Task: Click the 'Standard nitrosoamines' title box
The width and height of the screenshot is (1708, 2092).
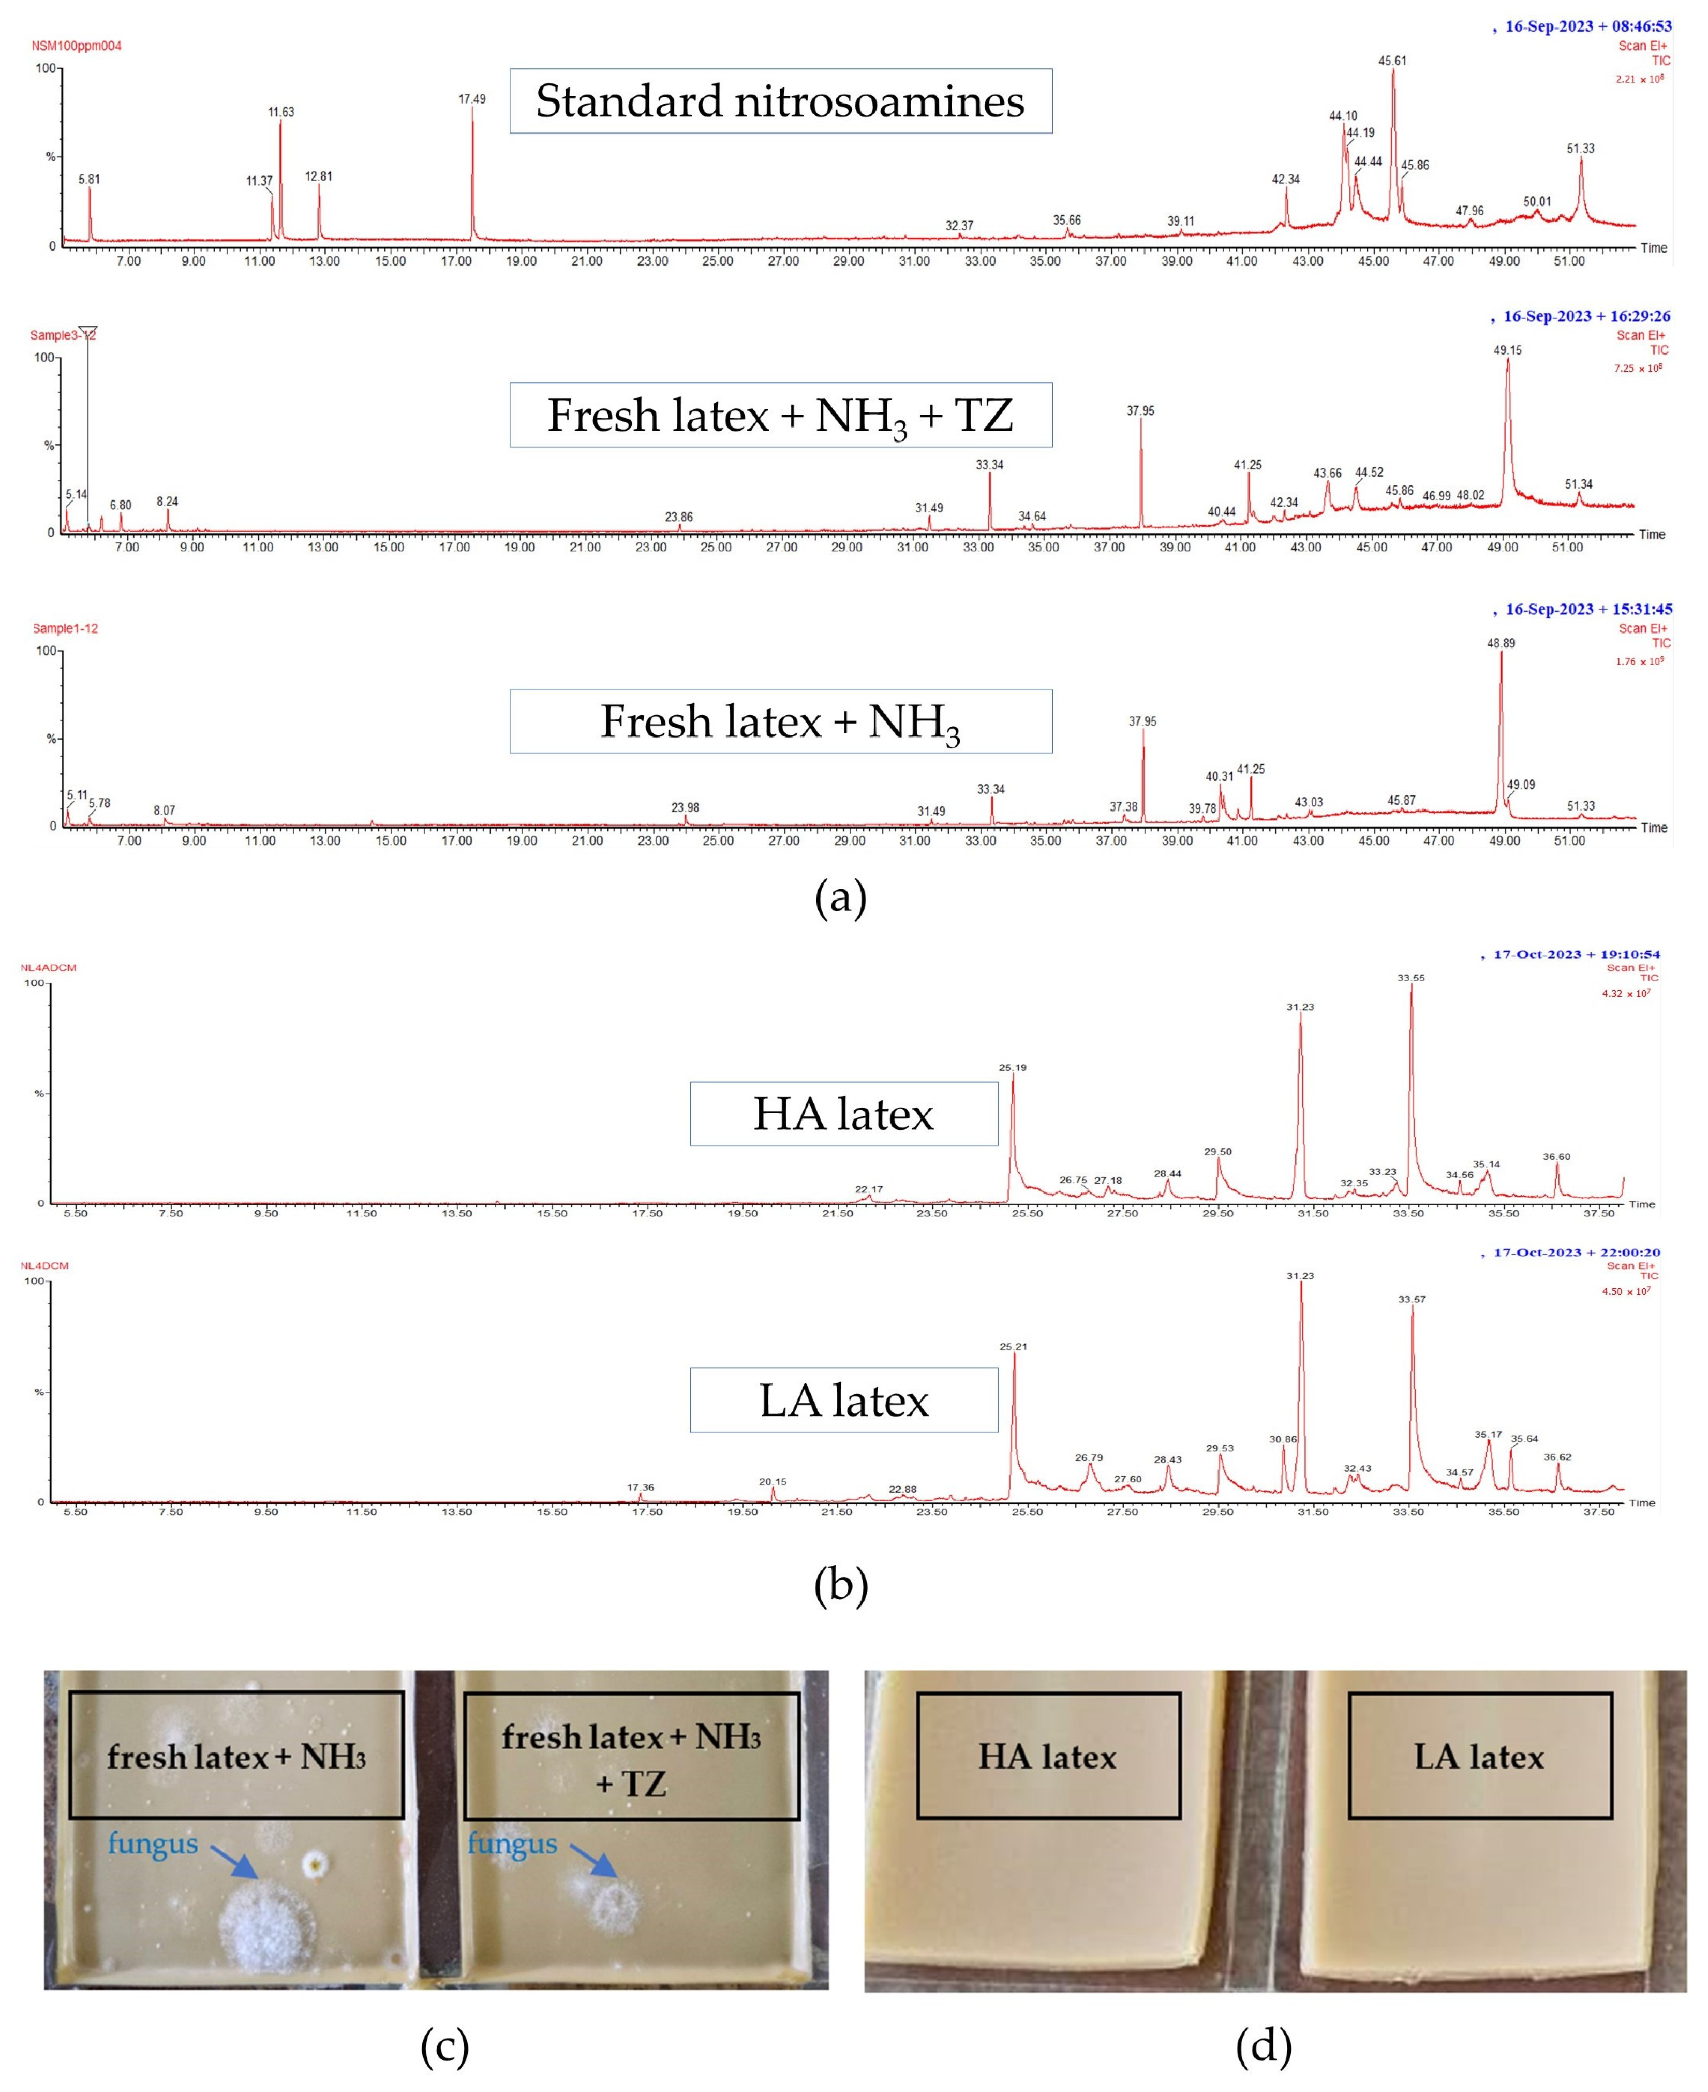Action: point(780,101)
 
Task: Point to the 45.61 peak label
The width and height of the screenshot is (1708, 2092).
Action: point(1392,61)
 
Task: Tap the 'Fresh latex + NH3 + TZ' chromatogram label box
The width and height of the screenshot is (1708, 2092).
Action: point(780,415)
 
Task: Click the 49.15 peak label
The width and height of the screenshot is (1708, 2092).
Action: point(1507,350)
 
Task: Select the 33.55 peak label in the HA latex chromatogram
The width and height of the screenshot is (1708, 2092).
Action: point(1411,978)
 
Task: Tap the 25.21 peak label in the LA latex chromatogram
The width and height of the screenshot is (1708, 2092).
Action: point(1014,1346)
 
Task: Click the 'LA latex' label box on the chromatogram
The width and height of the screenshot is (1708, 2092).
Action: point(843,1400)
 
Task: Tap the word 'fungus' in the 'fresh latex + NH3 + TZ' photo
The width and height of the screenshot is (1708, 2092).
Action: point(512,1843)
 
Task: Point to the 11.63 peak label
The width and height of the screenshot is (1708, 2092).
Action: point(280,112)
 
